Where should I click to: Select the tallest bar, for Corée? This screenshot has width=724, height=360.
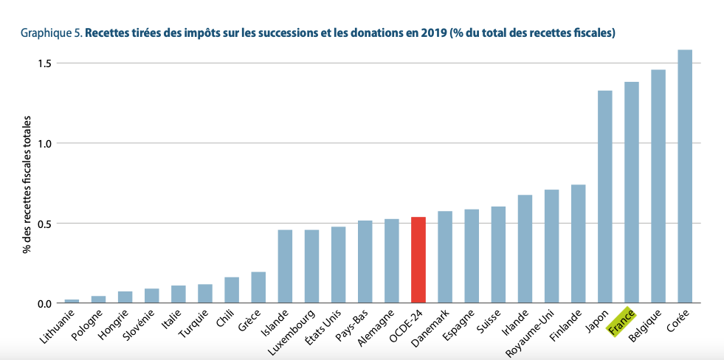point(684,177)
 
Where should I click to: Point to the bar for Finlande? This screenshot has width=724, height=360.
point(578,244)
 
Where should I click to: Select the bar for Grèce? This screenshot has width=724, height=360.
point(258,288)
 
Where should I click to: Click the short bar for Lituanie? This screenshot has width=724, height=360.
point(72,300)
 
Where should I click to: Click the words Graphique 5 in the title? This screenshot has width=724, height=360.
point(51,33)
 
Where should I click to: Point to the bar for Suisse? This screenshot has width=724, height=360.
point(498,255)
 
